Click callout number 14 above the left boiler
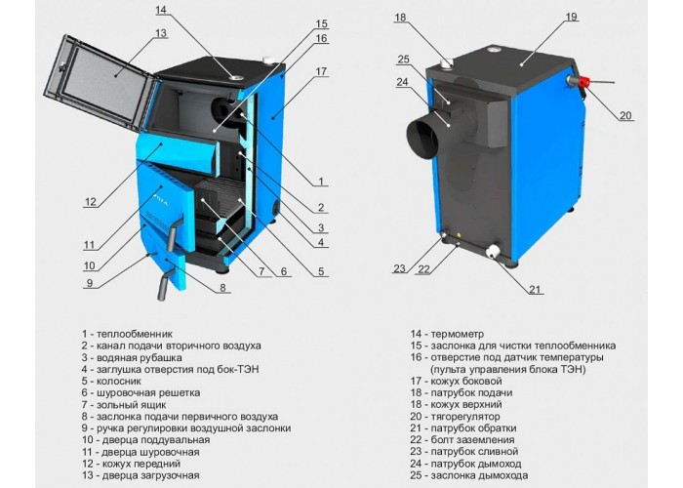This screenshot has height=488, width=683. coord(161,10)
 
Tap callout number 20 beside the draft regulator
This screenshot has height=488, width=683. coord(625,115)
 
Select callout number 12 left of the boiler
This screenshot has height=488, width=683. coord(90,202)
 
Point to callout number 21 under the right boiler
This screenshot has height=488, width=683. coord(535,289)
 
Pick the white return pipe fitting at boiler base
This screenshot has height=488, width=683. coord(494,252)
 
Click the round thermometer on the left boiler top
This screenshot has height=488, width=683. coord(236,78)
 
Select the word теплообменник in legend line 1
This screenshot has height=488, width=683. coord(135,334)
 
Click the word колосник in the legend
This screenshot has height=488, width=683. coord(118,382)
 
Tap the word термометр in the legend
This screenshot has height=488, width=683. coord(457,334)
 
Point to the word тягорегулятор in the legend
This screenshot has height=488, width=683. coord(465,417)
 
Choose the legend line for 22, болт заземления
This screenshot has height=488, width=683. coord(462,440)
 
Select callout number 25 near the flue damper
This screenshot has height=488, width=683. coord(403,60)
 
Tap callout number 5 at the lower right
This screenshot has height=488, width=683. coord(321,271)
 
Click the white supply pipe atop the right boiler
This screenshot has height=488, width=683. coord(447,63)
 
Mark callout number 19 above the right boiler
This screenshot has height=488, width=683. coord(571,17)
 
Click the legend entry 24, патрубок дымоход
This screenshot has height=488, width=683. coord(465,464)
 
